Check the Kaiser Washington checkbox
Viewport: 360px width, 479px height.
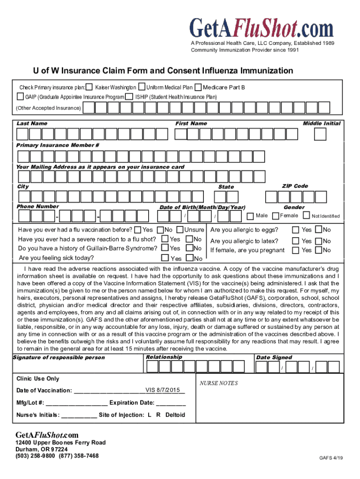[89, 87]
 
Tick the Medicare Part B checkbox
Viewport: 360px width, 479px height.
[198, 87]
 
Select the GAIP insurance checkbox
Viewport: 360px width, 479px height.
[20, 97]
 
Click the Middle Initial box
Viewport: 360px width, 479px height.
[320, 134]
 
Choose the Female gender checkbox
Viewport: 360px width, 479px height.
[275, 216]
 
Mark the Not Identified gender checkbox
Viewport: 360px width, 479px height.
[306, 216]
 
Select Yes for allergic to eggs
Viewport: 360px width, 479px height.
[295, 230]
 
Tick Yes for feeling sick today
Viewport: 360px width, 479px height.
[165, 258]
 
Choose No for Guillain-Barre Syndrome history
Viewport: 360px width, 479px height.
[189, 248]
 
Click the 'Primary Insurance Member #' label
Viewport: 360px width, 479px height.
[58, 145]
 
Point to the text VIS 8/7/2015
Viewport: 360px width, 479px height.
[162, 390]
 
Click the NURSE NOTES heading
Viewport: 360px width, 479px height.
[218, 383]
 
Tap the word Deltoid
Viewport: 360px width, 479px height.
[175, 415]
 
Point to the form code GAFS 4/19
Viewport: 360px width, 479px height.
[331, 458]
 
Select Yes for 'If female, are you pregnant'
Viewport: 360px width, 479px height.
[295, 250]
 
